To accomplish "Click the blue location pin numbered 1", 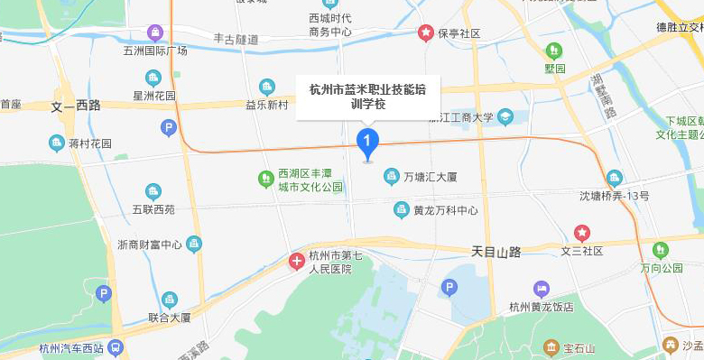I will [x=367, y=143].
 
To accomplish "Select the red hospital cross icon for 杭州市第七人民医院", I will [x=296, y=262].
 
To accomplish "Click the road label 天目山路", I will [x=496, y=252].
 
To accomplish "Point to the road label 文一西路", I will [x=76, y=106].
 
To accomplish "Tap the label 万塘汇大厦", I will [x=430, y=176].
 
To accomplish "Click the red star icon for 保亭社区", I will [x=424, y=33].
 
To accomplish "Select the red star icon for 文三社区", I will [x=582, y=233].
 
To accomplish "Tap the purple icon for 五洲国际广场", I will [x=155, y=33].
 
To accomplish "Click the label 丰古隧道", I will [x=236, y=40].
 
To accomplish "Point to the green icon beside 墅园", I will [x=552, y=50].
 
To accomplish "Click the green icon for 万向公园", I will [x=660, y=249].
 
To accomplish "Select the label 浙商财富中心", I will [x=150, y=245].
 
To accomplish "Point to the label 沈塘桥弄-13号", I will [x=614, y=195].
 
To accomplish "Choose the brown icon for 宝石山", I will [x=550, y=347].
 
